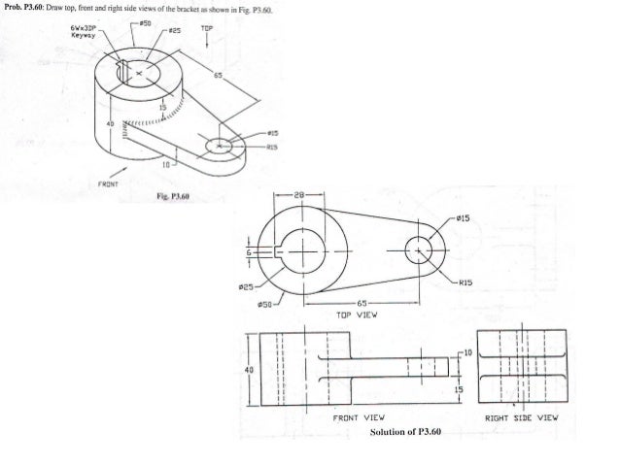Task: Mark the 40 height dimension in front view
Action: pyautogui.click(x=250, y=369)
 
